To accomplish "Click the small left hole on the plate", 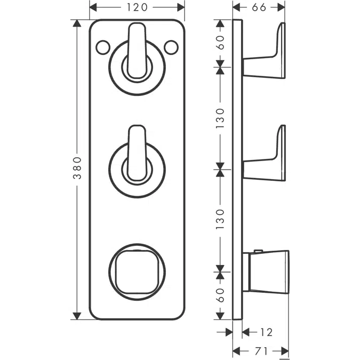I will tap(101, 48).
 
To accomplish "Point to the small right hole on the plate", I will tap(171, 48).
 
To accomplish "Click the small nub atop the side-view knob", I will tap(258, 251).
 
